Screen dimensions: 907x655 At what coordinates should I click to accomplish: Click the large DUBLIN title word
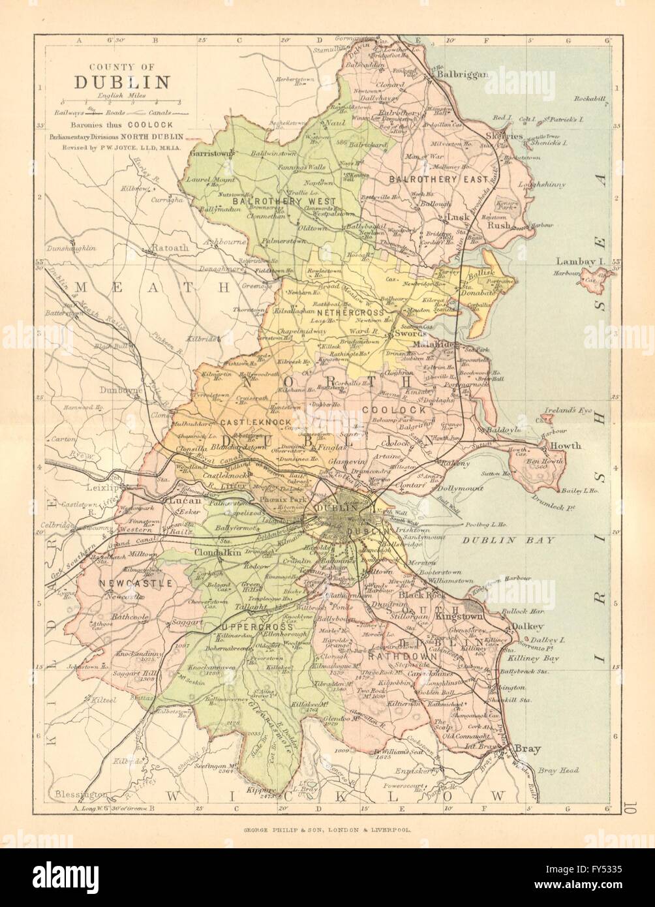click(x=121, y=82)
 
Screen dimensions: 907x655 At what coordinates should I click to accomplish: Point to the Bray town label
click(x=527, y=748)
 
